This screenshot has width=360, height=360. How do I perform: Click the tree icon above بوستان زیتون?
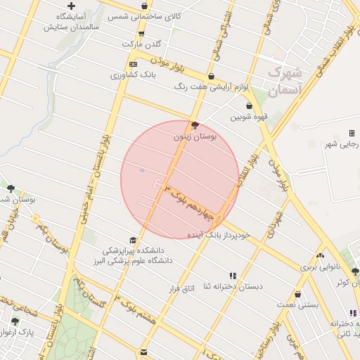(195, 125)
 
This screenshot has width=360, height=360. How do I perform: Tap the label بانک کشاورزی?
(157, 74)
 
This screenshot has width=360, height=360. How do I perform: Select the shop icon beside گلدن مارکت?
(143, 34)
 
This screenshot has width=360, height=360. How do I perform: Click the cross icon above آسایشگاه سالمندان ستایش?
(71, 6)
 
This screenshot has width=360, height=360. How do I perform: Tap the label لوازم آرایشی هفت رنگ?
(210, 86)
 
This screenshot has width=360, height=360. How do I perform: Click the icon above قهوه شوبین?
(249, 105)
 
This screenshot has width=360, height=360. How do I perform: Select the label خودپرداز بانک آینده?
(219, 234)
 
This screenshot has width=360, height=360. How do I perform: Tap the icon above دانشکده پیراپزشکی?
(133, 240)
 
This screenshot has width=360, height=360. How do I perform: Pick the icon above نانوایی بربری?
(321, 257)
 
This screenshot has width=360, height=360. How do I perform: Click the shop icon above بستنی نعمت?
(298, 295)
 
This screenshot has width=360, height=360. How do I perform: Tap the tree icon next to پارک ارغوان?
(15, 321)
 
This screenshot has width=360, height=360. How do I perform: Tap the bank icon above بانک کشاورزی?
(143, 64)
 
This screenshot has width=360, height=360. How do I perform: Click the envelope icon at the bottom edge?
(143, 352)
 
